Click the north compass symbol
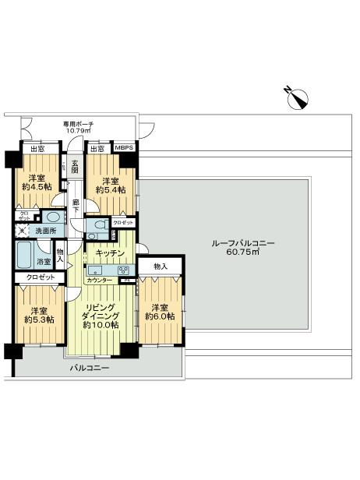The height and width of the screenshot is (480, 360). [297, 99]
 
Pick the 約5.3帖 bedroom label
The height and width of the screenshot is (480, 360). [38, 314]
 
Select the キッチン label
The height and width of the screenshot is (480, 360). [110, 253]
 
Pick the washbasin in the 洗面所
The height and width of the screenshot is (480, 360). [53, 218]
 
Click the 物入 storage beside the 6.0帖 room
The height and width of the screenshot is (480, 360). [160, 266]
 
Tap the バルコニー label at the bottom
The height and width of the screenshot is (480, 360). [90, 368]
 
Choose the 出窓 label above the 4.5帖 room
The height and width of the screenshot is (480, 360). [36, 149]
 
